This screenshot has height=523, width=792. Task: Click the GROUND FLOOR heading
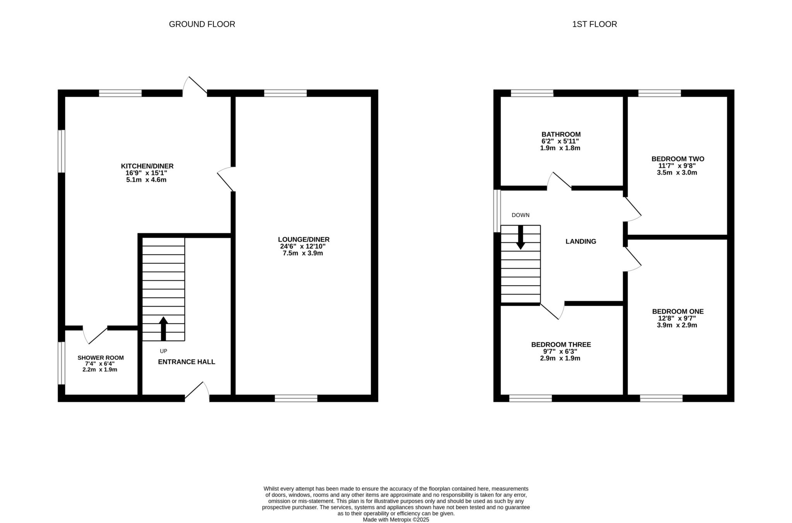pos(202,24)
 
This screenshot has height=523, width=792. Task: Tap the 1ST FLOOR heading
pos(594,24)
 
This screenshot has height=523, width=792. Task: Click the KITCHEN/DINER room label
pos(147,166)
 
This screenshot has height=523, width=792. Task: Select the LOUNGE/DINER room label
pos(304,239)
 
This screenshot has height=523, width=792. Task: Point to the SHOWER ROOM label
pos(101,358)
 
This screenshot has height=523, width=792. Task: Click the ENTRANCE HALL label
pos(186,362)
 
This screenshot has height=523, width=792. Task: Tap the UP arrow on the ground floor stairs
pos(163,329)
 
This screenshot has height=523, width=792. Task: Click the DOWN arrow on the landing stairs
pos(521,237)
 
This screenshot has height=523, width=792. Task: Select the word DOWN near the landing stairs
pos(521,215)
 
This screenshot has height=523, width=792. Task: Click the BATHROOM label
pos(561,134)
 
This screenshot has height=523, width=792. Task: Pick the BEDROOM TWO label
pos(678,159)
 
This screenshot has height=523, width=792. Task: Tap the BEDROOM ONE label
pos(678,311)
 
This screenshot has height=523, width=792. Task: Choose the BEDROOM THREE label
pos(561,345)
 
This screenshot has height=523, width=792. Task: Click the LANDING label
pos(580,242)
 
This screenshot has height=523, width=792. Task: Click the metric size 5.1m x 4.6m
pos(146,180)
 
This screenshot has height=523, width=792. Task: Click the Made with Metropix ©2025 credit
pos(396,520)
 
